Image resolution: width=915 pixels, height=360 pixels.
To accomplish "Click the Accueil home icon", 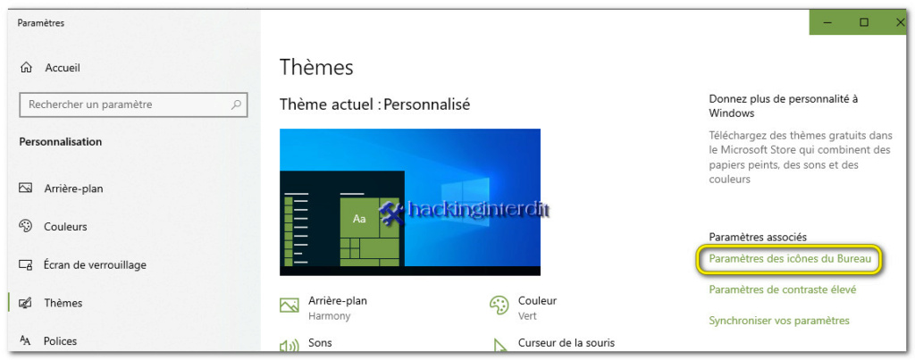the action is pyautogui.click(x=26, y=68).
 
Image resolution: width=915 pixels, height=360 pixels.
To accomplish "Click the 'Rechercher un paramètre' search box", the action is pyautogui.click(x=134, y=105).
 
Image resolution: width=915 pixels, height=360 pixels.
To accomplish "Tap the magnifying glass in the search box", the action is pyautogui.click(x=236, y=105).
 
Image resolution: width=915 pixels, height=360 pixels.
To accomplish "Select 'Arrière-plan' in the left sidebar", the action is pyautogui.click(x=73, y=188).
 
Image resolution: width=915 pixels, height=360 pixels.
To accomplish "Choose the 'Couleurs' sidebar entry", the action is pyautogui.click(x=65, y=226).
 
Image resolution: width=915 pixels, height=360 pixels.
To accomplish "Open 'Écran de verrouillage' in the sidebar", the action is pyautogui.click(x=95, y=265).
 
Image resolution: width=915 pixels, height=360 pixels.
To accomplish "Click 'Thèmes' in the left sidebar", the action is pyautogui.click(x=63, y=303).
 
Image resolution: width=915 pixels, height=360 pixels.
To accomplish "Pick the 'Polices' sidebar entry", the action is pyautogui.click(x=60, y=340).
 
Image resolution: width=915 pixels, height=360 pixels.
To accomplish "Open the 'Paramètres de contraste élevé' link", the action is pyautogui.click(x=783, y=289).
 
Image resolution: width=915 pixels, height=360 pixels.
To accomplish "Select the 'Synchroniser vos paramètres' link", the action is pyautogui.click(x=779, y=321).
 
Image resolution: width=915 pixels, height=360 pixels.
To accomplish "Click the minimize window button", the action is pyautogui.click(x=827, y=22).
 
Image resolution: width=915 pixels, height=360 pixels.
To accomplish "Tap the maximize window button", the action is pyautogui.click(x=864, y=22).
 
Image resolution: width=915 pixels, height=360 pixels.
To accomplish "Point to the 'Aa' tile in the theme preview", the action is pyautogui.click(x=359, y=220).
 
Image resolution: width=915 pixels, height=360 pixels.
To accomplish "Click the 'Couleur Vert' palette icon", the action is pyautogui.click(x=499, y=305).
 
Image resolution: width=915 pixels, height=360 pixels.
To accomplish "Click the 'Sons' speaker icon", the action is pyautogui.click(x=289, y=346).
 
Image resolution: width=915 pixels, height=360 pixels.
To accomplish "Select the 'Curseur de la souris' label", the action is pyautogui.click(x=566, y=342).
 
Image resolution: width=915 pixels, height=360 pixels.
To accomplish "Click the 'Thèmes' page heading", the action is pyautogui.click(x=316, y=67).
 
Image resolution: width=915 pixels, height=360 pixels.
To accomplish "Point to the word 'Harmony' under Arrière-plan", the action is pyautogui.click(x=329, y=316).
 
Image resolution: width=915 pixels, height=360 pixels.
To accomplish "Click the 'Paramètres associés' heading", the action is pyautogui.click(x=758, y=237).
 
